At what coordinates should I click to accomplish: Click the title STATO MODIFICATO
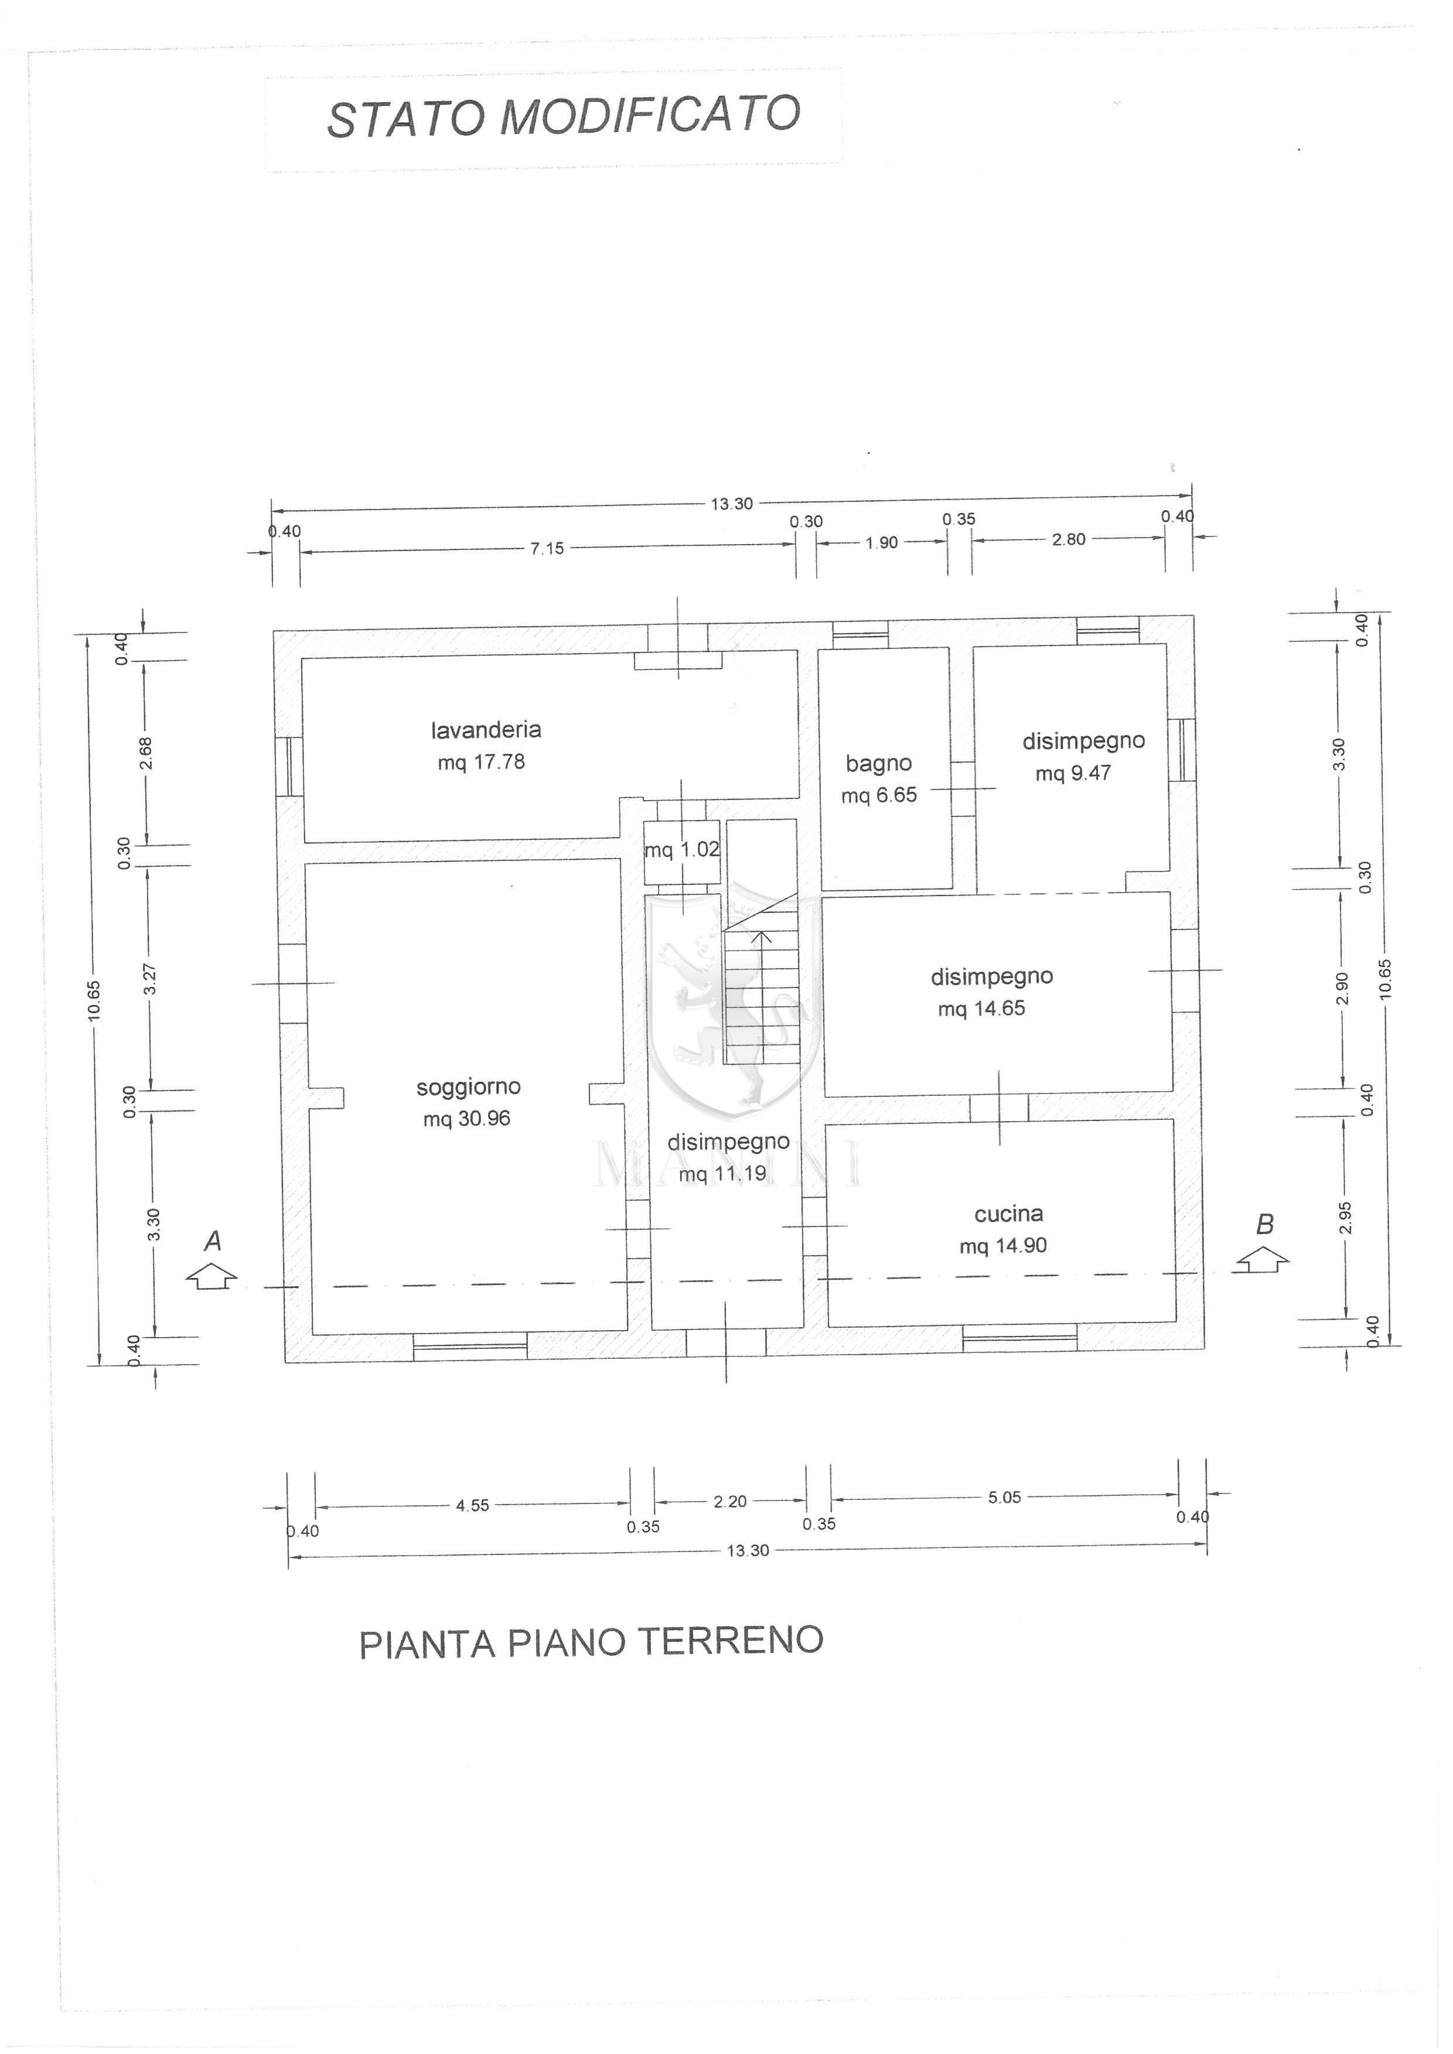563,117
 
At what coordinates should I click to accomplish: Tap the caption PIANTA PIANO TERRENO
591,1642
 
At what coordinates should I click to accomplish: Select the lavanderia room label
486,730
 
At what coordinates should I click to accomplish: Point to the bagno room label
879,764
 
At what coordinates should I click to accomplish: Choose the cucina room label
1008,1214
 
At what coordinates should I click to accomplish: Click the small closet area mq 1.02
682,850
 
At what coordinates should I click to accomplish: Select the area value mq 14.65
981,1009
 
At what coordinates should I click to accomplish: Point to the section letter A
213,1241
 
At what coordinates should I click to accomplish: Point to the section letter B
1264,1224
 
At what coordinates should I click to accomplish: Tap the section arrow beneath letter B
1263,1260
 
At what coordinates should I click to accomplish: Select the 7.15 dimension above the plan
548,548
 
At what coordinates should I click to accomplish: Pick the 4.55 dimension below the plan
472,1506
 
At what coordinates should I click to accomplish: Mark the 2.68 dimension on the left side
146,753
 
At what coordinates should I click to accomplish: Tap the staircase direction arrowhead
762,937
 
